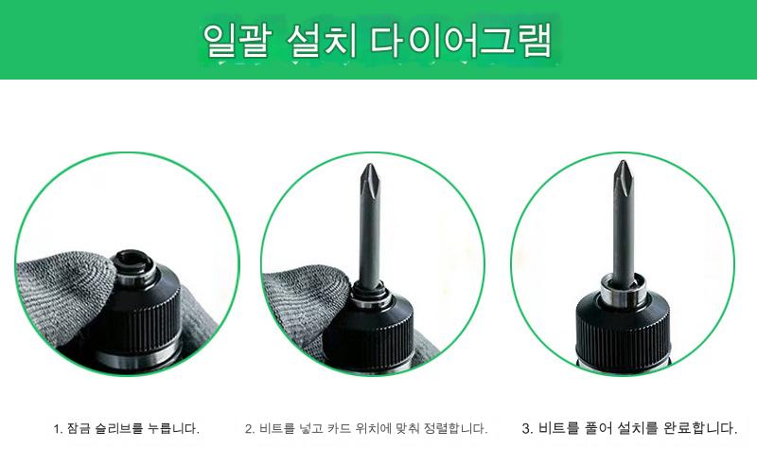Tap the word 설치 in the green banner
point(322,40)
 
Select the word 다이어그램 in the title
point(461,40)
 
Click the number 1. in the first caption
point(58,429)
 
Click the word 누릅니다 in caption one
point(173,428)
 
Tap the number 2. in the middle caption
point(250,429)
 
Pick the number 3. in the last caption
point(528,428)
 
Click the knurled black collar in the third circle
point(623,328)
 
